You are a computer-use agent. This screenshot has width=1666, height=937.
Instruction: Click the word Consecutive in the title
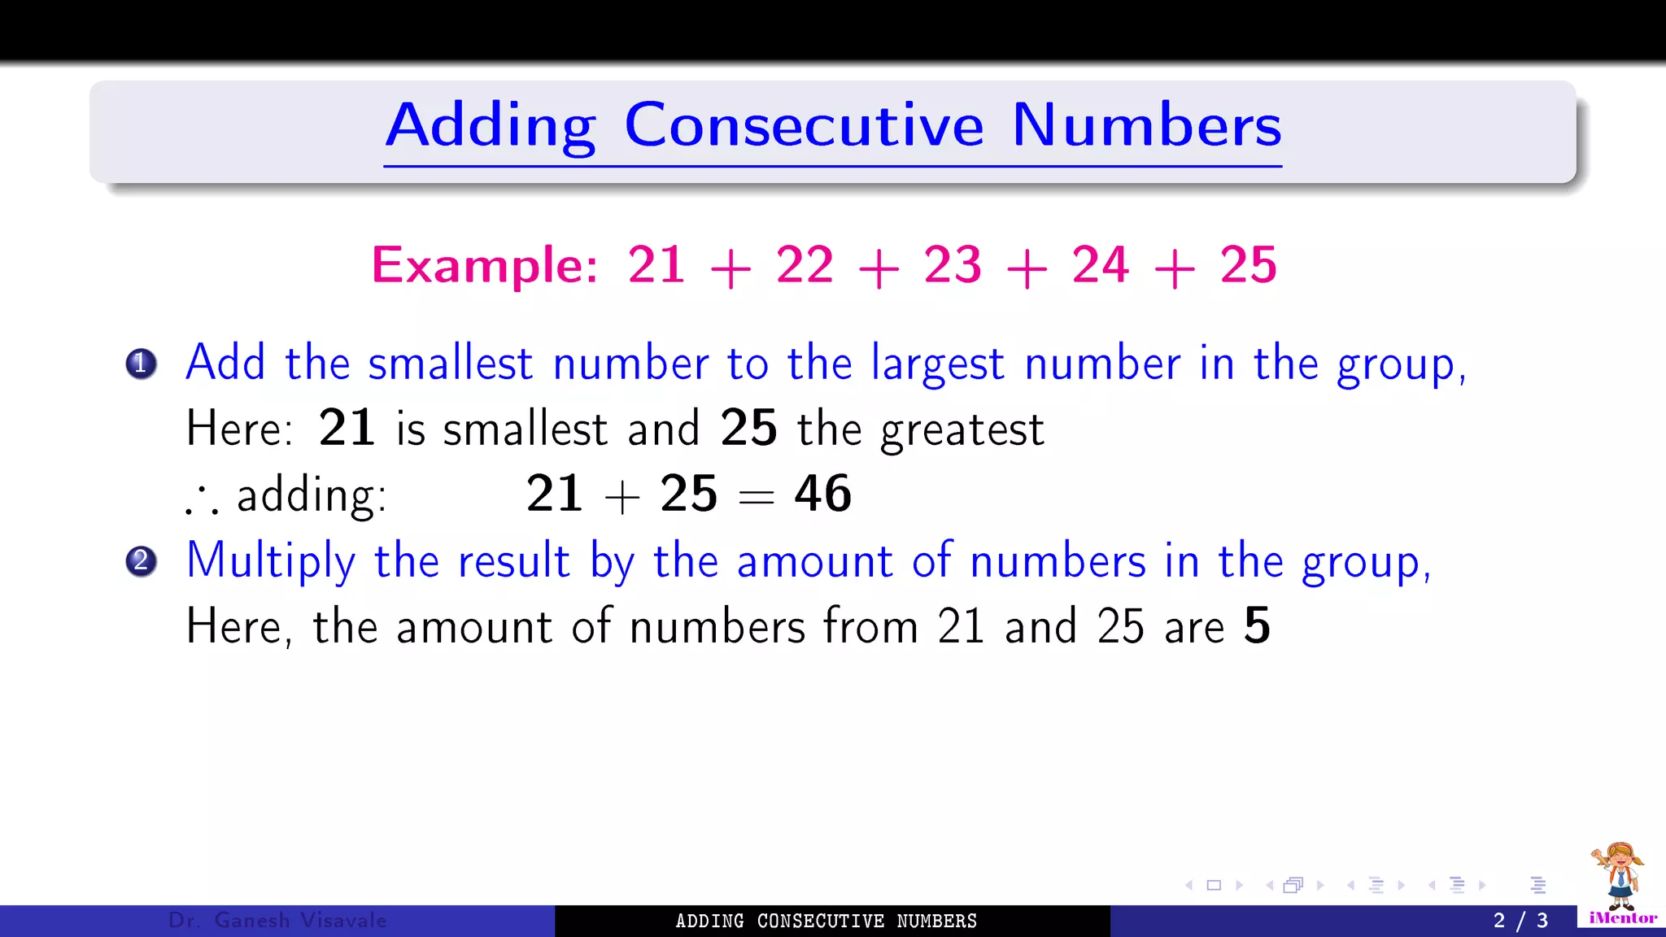coord(804,126)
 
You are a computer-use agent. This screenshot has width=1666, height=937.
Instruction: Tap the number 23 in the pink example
coord(953,265)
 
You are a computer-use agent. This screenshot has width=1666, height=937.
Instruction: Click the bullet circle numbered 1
coord(141,364)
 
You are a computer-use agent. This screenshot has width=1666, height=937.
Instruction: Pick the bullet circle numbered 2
coord(141,561)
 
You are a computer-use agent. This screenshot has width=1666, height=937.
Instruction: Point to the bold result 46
coord(822,494)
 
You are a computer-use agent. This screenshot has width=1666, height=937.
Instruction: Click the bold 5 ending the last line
coord(1257,626)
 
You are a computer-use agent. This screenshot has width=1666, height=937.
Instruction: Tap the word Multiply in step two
coord(271,561)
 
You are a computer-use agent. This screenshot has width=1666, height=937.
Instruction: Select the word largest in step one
coord(937,364)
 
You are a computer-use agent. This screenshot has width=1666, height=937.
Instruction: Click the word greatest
coord(962,429)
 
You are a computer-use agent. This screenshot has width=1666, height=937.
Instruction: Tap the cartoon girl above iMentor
coord(1619,875)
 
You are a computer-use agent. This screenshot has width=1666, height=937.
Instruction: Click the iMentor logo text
coord(1623,918)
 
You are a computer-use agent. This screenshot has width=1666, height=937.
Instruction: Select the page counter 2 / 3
coord(1520,921)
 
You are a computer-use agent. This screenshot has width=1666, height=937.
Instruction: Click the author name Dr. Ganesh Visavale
coord(277,921)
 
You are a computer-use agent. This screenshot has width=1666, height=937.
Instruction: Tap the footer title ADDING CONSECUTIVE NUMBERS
coord(826,921)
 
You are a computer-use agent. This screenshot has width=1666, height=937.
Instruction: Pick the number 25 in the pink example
coord(1248,265)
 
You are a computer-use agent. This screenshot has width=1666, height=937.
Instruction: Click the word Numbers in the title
coord(1146,126)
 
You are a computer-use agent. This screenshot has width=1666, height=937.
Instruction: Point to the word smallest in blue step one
coord(450,364)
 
